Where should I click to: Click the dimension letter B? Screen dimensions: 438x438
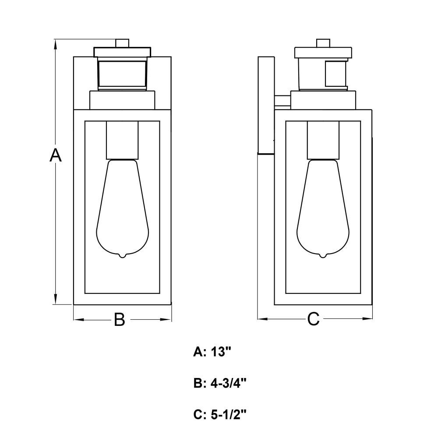[x=120, y=319]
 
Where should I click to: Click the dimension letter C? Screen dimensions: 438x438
[x=313, y=319]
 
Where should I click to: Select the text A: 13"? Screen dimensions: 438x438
[x=212, y=352]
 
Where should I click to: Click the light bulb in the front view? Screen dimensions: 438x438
[x=122, y=208]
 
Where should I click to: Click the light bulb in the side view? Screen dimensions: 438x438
[x=323, y=208]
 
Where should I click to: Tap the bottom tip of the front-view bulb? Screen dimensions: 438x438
[x=122, y=258]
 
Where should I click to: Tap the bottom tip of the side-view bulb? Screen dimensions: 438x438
[x=323, y=258]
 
